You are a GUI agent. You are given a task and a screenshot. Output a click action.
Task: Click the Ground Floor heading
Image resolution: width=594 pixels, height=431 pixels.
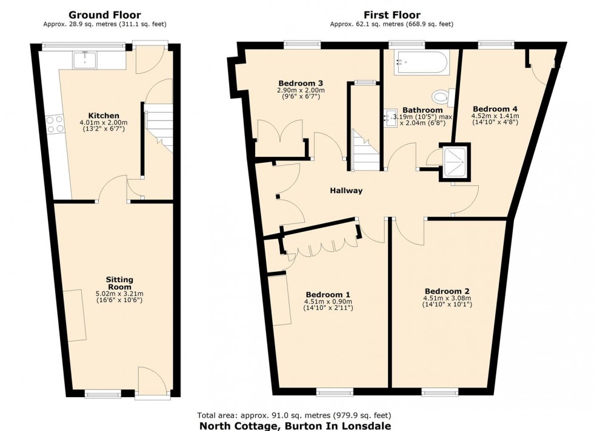click(x=104, y=15)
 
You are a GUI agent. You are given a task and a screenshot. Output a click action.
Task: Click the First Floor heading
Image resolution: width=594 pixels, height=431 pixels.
click(x=392, y=15)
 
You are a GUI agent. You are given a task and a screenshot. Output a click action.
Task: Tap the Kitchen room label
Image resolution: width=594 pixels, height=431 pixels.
click(x=104, y=115)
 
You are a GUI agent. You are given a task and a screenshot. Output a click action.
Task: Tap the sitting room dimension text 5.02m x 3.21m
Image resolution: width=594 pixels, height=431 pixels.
click(x=119, y=294)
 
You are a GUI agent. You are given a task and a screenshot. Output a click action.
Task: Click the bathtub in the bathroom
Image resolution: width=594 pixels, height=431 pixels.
click(x=421, y=62)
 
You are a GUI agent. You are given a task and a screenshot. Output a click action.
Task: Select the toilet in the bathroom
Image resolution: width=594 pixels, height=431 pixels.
click(x=442, y=96)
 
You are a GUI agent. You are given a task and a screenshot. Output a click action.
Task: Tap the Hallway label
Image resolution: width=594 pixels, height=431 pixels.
click(x=346, y=191)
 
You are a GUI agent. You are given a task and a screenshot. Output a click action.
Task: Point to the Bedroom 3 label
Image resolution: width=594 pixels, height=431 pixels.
click(x=300, y=83)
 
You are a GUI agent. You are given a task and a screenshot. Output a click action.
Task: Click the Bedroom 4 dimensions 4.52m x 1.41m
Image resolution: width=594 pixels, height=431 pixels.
click(x=494, y=116)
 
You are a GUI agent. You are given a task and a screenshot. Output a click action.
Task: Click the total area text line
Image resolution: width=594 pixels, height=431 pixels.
click(x=294, y=415)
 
